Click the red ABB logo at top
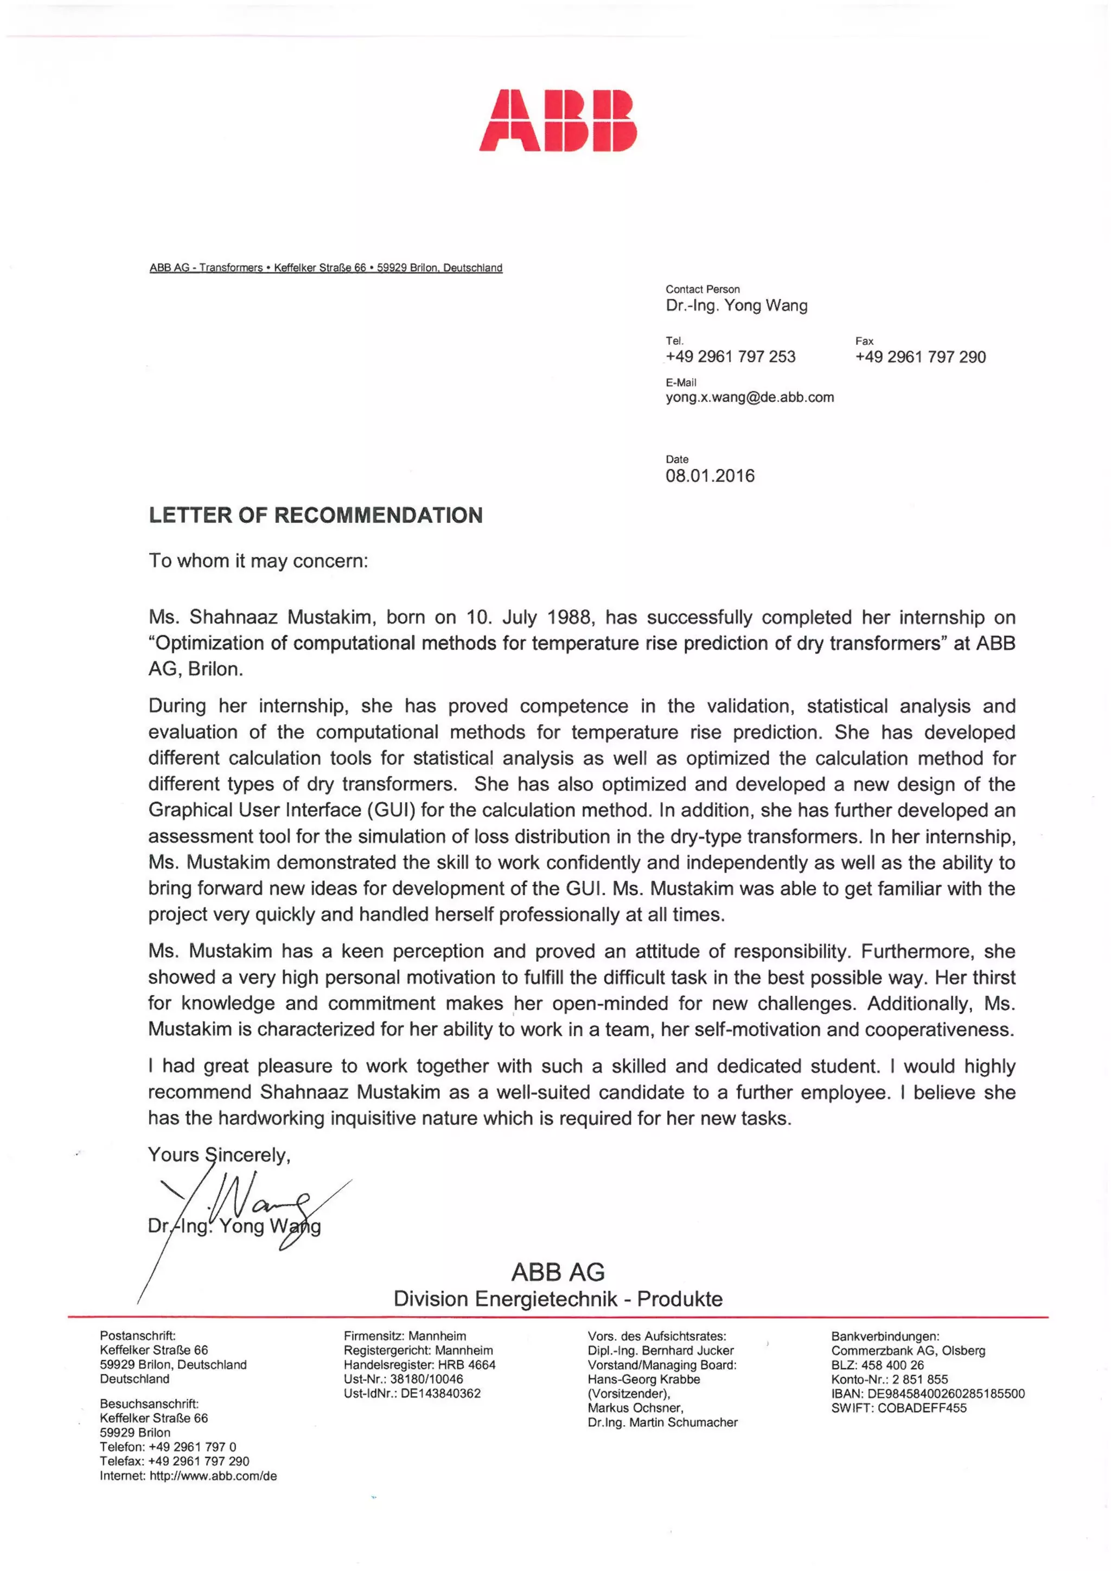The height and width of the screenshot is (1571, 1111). point(557,120)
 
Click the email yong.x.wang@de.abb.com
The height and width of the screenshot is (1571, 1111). point(750,397)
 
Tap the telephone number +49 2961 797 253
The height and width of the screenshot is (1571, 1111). point(730,356)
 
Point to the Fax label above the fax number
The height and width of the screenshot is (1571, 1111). point(864,341)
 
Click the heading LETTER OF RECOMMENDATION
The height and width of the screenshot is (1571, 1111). point(316,515)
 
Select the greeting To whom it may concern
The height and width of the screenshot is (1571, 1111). point(258,561)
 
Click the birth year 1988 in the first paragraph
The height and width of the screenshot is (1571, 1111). point(570,617)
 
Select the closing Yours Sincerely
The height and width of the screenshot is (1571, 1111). point(219,1155)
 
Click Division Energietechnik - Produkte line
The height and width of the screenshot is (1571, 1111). point(557,1299)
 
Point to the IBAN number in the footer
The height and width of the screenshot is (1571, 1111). point(946,1394)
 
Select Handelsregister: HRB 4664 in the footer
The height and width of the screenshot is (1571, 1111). point(419,1364)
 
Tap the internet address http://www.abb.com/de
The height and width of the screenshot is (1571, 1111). point(213,1476)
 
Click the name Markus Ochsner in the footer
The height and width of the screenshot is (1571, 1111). point(635,1407)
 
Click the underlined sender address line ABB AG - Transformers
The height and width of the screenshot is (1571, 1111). point(326,267)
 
